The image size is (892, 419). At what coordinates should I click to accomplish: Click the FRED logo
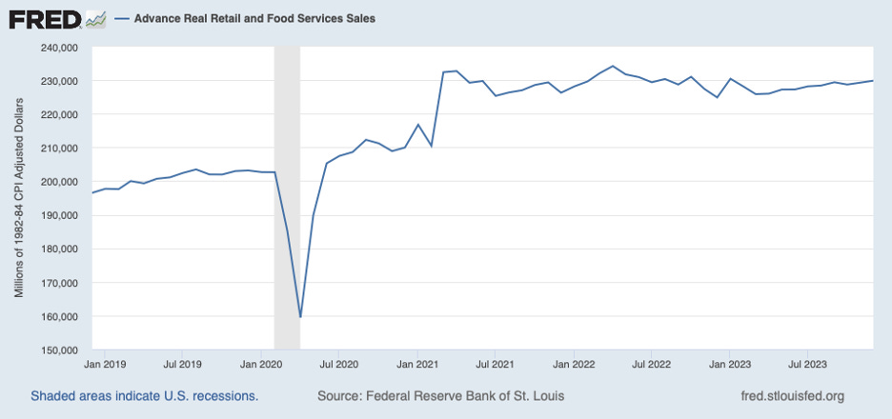[x=44, y=18]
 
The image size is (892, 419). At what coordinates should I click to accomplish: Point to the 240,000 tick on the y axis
[x=64, y=48]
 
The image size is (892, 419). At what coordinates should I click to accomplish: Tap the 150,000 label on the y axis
[x=64, y=350]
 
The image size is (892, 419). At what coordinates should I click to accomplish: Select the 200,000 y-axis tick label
[x=64, y=182]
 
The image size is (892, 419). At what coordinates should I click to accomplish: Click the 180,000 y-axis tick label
[x=64, y=249]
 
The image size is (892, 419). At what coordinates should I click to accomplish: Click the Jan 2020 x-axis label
[x=260, y=363]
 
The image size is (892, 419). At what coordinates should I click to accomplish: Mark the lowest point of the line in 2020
[x=300, y=316]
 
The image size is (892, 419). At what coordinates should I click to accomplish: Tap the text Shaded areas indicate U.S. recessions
[x=144, y=395]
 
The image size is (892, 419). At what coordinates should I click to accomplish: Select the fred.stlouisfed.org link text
[x=792, y=395]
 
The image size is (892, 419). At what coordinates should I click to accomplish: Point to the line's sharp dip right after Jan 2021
[x=432, y=146]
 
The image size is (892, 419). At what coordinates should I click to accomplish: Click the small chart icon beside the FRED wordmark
[x=95, y=18]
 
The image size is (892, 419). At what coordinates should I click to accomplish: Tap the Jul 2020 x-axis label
[x=338, y=363]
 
